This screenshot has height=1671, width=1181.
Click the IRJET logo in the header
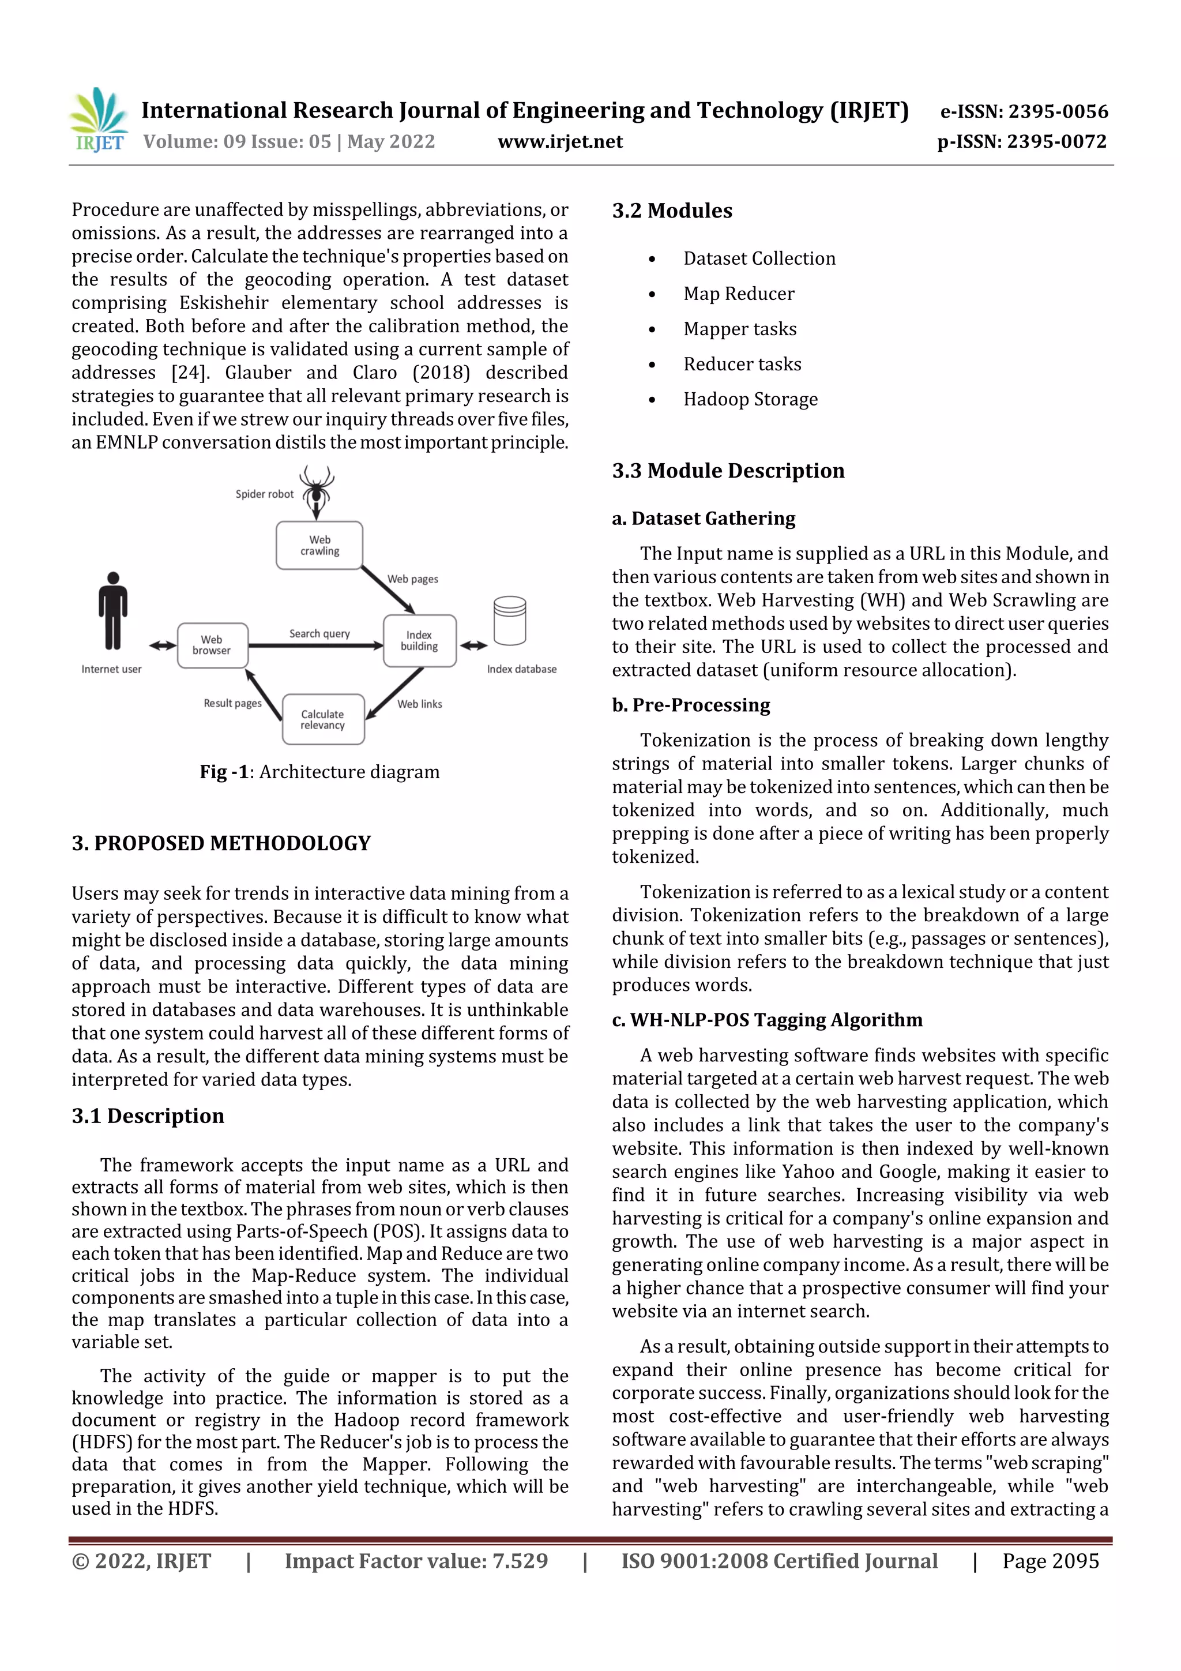click(100, 121)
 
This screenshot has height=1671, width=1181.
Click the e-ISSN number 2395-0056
click(1024, 111)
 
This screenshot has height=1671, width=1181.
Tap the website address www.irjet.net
click(559, 141)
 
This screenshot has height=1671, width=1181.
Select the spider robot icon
click(317, 490)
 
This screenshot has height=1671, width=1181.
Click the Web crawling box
click(319, 546)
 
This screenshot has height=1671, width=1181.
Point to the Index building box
click(419, 640)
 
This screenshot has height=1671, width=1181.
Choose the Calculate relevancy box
click(322, 719)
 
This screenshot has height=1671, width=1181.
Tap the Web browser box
click(212, 645)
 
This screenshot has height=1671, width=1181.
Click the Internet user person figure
click(113, 611)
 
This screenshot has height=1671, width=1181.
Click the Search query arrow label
click(319, 634)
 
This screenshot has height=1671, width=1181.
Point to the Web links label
click(420, 704)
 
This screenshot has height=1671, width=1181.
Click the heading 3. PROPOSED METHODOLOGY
click(221, 843)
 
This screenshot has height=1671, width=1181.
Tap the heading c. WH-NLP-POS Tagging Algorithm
click(767, 1020)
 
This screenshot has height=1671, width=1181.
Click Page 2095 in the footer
click(1050, 1560)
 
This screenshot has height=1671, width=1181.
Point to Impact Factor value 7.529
click(416, 1560)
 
